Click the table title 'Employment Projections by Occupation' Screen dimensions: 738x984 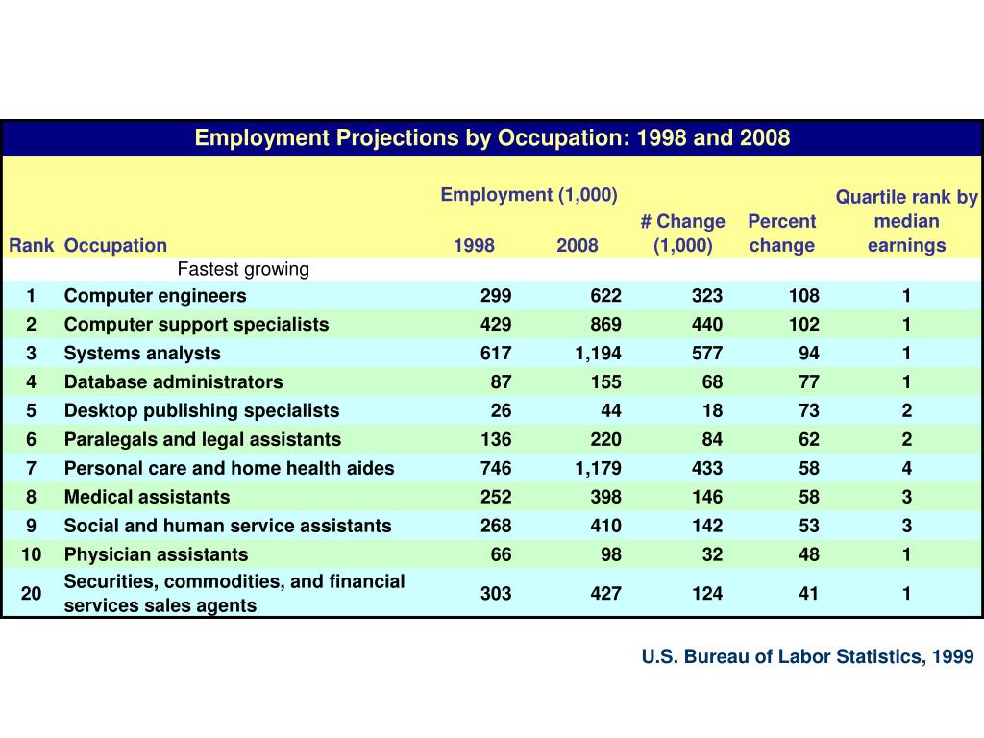pyautogui.click(x=492, y=138)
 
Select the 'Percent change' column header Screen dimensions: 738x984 pyautogui.click(x=781, y=234)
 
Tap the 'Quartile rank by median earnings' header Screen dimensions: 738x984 pyautogui.click(x=906, y=221)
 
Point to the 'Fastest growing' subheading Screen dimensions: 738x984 pyautogui.click(x=243, y=269)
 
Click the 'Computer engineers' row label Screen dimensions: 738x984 pyautogui.click(x=155, y=296)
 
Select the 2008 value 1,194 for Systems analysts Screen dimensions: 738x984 pyautogui.click(x=598, y=354)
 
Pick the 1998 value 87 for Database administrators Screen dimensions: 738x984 pyautogui.click(x=501, y=382)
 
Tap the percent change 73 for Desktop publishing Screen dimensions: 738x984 pyautogui.click(x=808, y=411)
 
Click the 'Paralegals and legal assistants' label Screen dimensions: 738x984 pyautogui.click(x=202, y=440)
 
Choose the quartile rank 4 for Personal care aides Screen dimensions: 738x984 pyautogui.click(x=906, y=469)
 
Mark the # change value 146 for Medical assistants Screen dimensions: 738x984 pyautogui.click(x=707, y=498)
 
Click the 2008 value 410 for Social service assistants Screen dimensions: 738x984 pyautogui.click(x=605, y=527)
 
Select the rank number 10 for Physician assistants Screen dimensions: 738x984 pyautogui.click(x=32, y=555)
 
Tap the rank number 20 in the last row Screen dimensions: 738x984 pyautogui.click(x=32, y=594)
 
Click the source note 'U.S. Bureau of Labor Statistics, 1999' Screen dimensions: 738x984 pyautogui.click(x=807, y=657)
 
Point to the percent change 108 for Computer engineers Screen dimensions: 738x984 pyautogui.click(x=804, y=296)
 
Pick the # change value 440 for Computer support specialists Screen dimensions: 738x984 pyautogui.click(x=707, y=325)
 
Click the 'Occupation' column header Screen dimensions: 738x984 pyautogui.click(x=115, y=246)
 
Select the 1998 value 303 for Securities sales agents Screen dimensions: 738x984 pyautogui.click(x=496, y=594)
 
